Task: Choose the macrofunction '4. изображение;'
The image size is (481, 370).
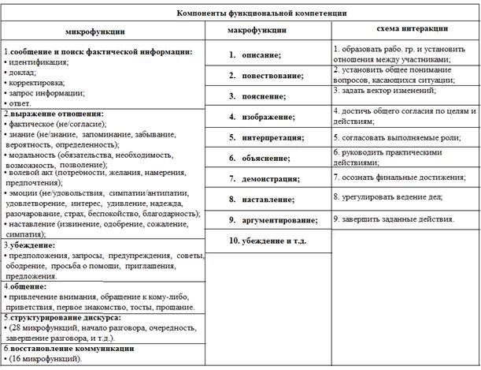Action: click(262, 116)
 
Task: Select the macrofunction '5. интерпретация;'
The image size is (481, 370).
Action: click(266, 137)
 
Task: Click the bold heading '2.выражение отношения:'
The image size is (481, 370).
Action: click(54, 114)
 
